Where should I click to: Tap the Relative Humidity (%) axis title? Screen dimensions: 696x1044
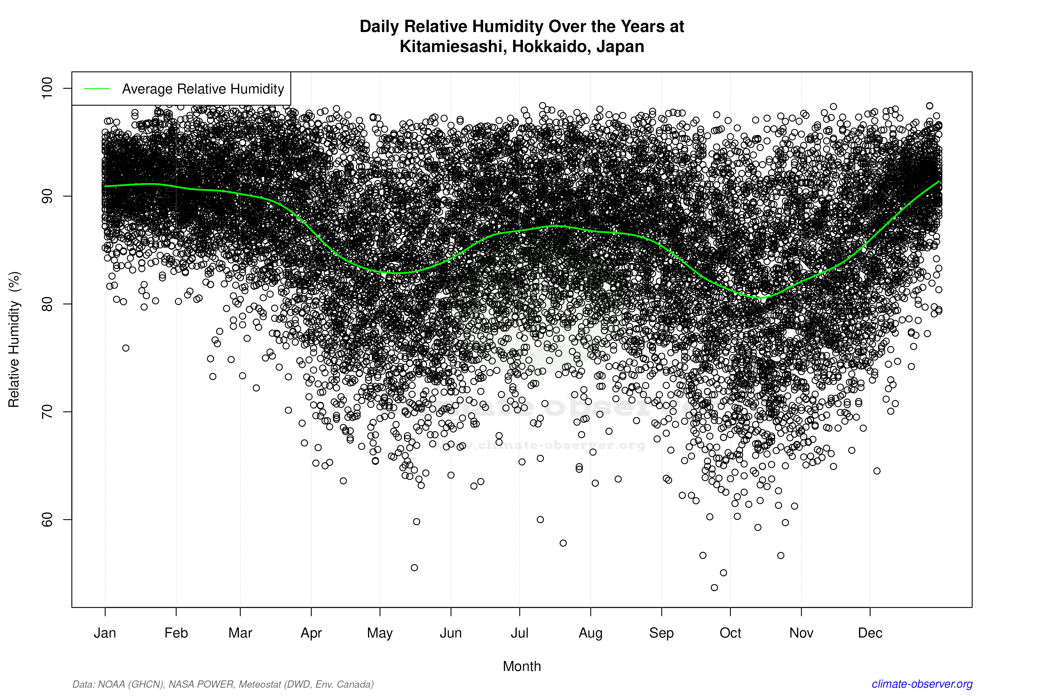tap(14, 340)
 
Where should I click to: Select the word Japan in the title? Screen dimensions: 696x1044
tap(620, 46)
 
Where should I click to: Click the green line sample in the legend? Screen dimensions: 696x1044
tap(97, 89)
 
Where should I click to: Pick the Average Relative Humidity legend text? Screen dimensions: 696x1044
tap(203, 89)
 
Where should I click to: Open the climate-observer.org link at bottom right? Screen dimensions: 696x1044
tap(922, 684)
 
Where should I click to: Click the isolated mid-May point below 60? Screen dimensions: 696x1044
tap(414, 568)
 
